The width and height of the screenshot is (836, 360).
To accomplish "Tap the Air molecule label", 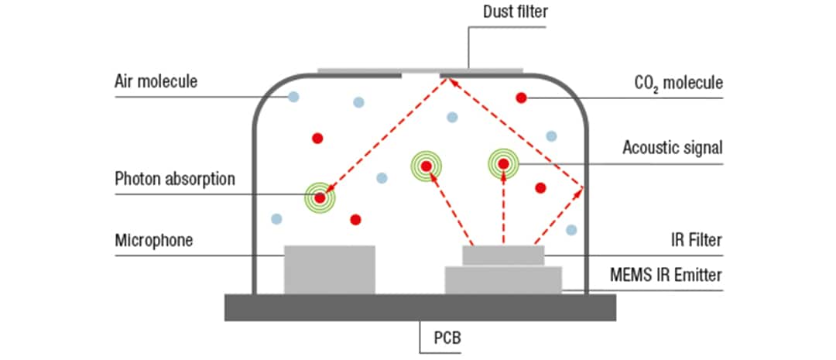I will click(156, 81).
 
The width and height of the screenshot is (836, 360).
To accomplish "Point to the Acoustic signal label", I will click(673, 146).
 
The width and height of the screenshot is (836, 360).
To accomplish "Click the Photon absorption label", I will click(174, 179).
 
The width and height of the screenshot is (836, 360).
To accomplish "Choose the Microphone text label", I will click(153, 240).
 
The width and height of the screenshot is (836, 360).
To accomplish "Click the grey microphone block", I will click(330, 269).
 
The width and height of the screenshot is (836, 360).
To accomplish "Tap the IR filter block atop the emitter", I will click(503, 255).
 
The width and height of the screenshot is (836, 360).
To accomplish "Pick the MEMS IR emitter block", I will click(503, 280).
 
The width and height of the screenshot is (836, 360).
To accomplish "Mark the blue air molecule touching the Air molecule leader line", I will click(293, 97).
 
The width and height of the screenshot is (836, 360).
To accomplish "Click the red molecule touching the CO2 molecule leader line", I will click(522, 98).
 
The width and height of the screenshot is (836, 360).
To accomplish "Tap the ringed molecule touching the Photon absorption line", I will click(320, 197).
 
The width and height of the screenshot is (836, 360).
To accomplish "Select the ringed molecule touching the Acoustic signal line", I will click(503, 163).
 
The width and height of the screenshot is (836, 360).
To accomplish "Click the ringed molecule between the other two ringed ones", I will click(426, 165).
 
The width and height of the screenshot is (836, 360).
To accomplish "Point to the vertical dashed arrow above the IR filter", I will click(503, 209).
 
